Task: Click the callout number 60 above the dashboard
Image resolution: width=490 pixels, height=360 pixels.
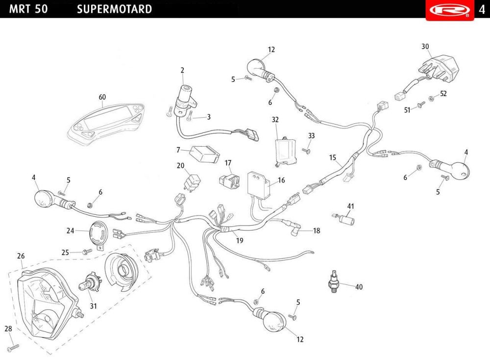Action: point(102,97)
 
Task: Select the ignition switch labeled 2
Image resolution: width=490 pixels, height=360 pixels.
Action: point(185,101)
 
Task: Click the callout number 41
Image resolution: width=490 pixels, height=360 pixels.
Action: point(351,206)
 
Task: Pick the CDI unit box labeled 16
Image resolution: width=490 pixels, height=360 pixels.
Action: point(259,185)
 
